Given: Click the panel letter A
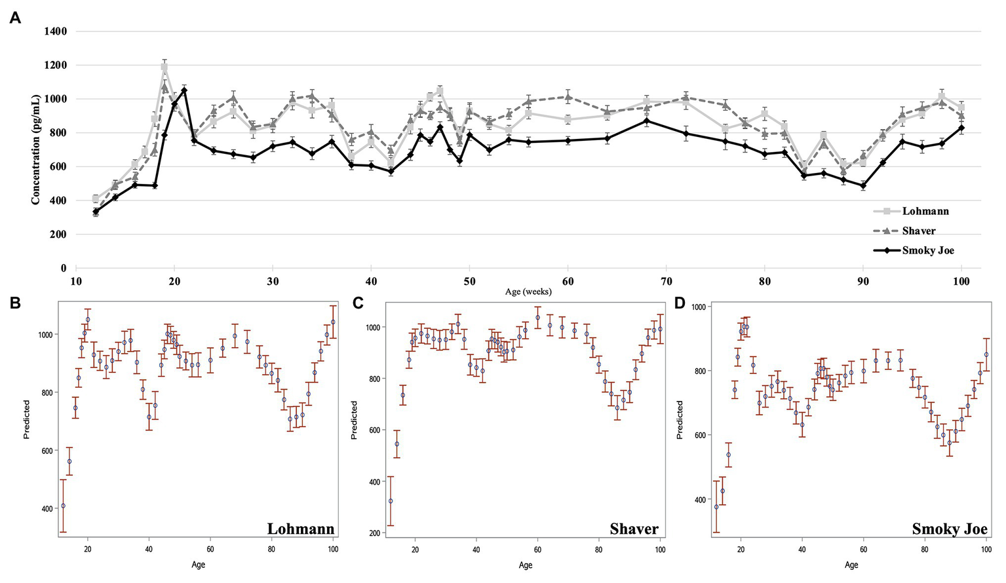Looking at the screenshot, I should pyautogui.click(x=14, y=18).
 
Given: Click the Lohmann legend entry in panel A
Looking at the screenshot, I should pyautogui.click(x=925, y=211).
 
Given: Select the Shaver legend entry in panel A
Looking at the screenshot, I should pyautogui.click(x=918, y=231).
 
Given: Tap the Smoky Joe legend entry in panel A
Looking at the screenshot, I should pyautogui.click(x=927, y=250).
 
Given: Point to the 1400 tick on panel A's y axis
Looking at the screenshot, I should pyautogui.click(x=54, y=31).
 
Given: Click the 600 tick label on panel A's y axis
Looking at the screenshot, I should pyautogui.click(x=58, y=167).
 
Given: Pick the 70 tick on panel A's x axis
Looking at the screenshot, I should pyautogui.click(x=666, y=280).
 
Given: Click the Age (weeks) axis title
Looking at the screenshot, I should pyautogui.click(x=528, y=291).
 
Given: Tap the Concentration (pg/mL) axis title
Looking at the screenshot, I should pyautogui.click(x=35, y=149).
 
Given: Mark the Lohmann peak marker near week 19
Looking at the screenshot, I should pyautogui.click(x=164, y=67).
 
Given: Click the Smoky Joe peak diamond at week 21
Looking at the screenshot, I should pyautogui.click(x=184, y=90).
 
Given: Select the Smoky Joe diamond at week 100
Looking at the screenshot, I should pyautogui.click(x=961, y=128).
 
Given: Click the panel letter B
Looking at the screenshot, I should pyautogui.click(x=14, y=303).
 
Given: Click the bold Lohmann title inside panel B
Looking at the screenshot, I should pyautogui.click(x=300, y=529).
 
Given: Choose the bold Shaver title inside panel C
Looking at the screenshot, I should pyautogui.click(x=634, y=529).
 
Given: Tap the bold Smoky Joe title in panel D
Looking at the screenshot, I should pyautogui.click(x=949, y=529).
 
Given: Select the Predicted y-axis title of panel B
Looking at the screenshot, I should pyautogui.click(x=27, y=419).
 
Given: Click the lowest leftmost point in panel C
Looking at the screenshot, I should pyautogui.click(x=391, y=500).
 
